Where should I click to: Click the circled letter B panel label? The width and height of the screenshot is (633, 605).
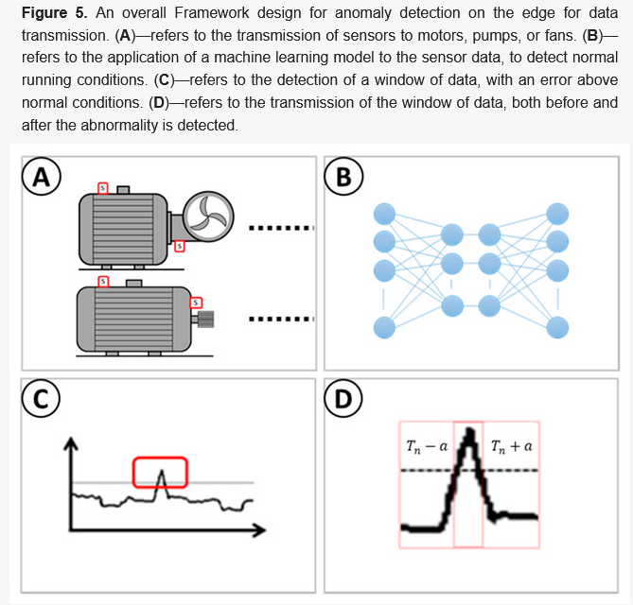(x=343, y=176)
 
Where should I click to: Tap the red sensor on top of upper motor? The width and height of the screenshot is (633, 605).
(x=104, y=188)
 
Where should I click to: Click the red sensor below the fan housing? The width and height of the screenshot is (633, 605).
(x=180, y=247)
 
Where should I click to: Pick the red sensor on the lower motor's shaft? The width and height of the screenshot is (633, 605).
(x=197, y=302)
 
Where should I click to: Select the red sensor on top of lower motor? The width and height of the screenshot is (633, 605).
(x=104, y=282)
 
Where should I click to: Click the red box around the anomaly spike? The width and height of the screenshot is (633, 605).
(x=160, y=472)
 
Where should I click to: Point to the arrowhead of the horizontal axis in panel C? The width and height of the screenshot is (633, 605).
(x=259, y=532)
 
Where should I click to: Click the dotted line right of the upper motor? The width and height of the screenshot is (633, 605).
(x=281, y=228)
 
